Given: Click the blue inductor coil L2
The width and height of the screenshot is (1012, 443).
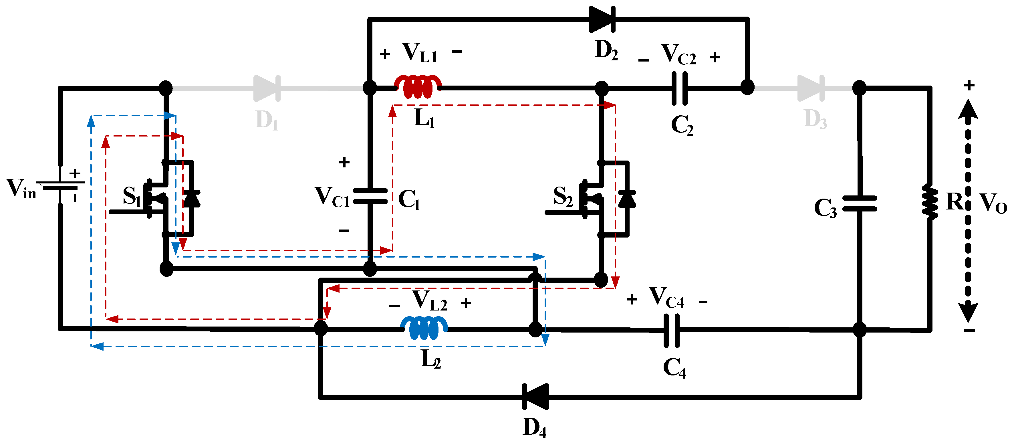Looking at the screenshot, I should (424, 328).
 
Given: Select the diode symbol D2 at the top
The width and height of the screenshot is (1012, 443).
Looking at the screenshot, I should (602, 19).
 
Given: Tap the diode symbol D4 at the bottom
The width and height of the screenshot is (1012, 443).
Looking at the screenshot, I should (535, 397).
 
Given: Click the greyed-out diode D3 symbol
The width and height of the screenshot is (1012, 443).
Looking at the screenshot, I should (811, 88).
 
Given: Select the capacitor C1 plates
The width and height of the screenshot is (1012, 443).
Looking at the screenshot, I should (370, 196).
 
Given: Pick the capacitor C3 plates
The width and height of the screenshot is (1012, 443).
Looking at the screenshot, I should (860, 203).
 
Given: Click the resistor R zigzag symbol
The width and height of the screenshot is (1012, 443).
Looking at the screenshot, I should (930, 201).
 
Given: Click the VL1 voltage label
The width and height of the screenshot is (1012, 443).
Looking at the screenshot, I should (420, 52).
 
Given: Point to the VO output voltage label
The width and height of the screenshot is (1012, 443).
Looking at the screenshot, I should (993, 203).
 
